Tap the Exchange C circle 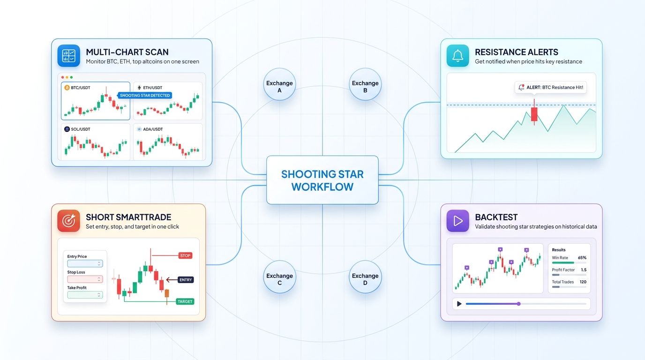point(279,279)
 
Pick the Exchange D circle point(365,279)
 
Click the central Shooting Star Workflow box point(322,180)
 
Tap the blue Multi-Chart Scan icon point(69,56)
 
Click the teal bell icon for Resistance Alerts point(458,56)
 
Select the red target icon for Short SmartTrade point(69,221)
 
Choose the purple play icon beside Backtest point(458,221)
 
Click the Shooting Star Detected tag point(145,95)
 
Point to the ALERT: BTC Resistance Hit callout point(551,87)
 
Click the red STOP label point(185,255)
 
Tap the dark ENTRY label point(185,279)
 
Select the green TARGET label point(185,301)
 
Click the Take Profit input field point(85,295)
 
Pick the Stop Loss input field point(85,279)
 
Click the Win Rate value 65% point(582,258)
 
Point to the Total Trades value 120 point(583,282)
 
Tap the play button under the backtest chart point(459,304)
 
